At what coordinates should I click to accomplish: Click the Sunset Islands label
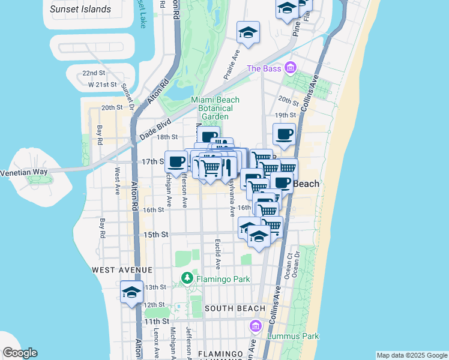[80, 9]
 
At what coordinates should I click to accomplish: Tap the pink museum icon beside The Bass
[291, 68]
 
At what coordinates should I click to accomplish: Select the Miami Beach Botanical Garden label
[215, 108]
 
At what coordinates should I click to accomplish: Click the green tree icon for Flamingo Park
[187, 278]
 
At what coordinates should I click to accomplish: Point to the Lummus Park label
[294, 337]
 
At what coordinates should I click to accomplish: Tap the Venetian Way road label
[23, 172]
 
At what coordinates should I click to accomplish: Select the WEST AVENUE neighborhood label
[122, 271]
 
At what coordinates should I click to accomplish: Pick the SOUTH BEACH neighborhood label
[234, 308]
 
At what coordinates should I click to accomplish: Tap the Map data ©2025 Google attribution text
[411, 355]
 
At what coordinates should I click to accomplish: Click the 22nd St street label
[94, 73]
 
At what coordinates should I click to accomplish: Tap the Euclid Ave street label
[217, 255]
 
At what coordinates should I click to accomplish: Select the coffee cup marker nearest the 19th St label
[285, 134]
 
